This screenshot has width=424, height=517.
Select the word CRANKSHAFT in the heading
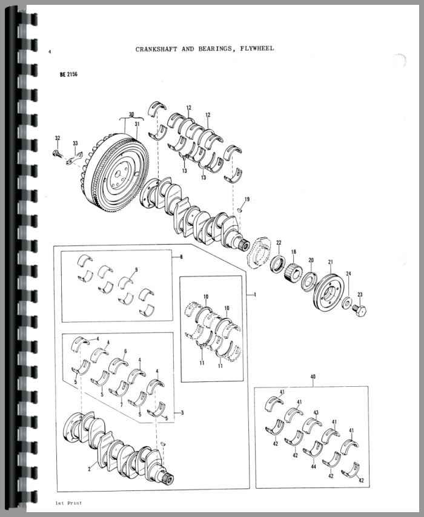tap(156, 48)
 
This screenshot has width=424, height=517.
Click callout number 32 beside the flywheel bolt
tap(57, 139)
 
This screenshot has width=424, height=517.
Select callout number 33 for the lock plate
tap(76, 143)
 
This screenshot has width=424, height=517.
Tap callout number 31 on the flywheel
tap(137, 125)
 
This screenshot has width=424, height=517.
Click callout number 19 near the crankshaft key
tap(247, 199)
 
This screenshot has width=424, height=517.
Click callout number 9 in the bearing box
tap(136, 269)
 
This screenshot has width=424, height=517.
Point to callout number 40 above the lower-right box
tap(313, 377)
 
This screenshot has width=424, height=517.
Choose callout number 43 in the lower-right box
tap(316, 413)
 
